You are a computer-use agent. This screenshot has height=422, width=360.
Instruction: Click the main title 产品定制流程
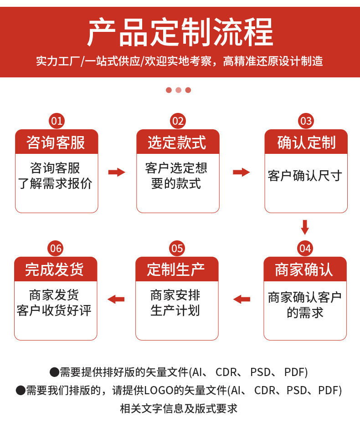[x=180, y=32]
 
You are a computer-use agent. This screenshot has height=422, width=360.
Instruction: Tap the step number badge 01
[x=57, y=121]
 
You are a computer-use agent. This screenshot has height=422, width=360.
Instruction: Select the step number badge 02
[x=178, y=121]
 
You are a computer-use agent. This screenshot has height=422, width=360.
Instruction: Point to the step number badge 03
[x=306, y=121]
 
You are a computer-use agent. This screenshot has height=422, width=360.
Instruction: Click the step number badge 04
[x=305, y=249]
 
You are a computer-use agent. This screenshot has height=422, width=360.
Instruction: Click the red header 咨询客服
[x=57, y=142]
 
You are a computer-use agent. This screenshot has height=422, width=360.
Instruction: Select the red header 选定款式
[x=178, y=142]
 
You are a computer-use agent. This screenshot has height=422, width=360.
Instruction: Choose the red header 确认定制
[x=306, y=142]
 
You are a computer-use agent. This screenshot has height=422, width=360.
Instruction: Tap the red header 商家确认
[x=305, y=269]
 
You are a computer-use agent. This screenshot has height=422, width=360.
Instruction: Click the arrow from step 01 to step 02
[x=117, y=172]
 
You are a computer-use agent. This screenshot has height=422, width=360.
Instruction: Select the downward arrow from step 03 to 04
[x=305, y=227]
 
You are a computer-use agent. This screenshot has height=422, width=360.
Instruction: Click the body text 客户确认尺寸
[x=305, y=176]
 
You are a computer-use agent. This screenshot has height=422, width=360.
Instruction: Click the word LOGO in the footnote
[x=158, y=390]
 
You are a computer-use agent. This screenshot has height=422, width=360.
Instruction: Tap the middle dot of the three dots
[x=178, y=90]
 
